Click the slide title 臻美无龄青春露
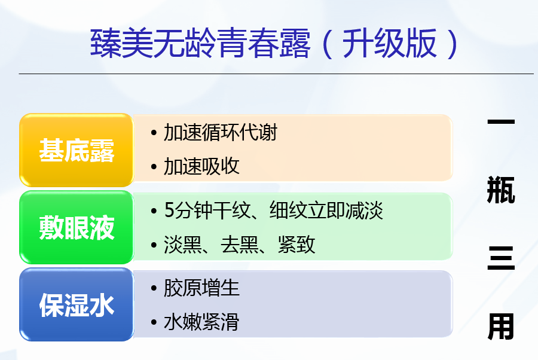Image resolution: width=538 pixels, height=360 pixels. coord(200,43)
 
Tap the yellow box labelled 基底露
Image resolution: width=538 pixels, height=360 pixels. coord(76,150)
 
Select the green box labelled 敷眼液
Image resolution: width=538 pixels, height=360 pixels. coord(76,227)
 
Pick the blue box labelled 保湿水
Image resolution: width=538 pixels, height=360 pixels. coord(76,304)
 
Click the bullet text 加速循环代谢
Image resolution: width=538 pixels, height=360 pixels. coord(220,133)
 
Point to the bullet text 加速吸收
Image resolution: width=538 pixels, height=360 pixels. coord(201,166)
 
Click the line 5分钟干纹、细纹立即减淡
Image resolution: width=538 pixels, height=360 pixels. coord(273,210)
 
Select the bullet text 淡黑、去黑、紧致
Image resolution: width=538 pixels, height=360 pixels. coord(240,245)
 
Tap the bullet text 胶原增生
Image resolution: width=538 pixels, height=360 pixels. coord(201,287)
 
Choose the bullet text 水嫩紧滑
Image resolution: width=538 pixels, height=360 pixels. coord(201,322)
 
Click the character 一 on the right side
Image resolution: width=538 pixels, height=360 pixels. coord(501,121)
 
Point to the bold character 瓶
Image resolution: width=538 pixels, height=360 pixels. coord(501,190)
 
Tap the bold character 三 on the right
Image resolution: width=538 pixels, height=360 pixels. coord(501,258)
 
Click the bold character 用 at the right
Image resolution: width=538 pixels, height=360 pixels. coord(501,327)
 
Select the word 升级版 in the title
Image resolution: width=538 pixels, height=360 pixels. coord(389,43)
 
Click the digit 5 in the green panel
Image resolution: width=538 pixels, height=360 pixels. coord(170,210)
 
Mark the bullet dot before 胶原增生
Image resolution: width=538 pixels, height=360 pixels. coord(154,288)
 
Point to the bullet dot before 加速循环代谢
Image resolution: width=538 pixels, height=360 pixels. coord(154,133)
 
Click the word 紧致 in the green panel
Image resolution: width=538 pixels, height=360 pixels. coord(296,245)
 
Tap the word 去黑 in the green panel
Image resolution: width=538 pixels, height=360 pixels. coord(240,245)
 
